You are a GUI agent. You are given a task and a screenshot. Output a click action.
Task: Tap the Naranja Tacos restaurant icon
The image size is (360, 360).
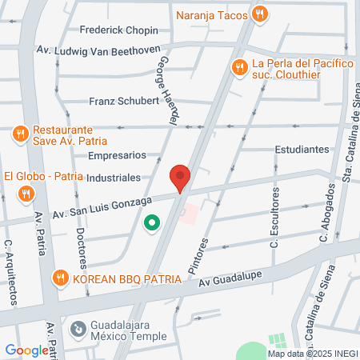coord(259,14)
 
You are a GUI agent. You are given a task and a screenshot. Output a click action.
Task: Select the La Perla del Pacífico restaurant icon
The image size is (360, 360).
coord(238,69)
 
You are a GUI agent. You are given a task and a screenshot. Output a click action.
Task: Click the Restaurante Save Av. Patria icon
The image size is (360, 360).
coord(20,132)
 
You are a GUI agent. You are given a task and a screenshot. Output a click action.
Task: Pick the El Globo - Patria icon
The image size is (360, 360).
coord(26,193)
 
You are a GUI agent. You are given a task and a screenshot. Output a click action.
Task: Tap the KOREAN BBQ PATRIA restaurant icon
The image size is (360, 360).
coord(59,278)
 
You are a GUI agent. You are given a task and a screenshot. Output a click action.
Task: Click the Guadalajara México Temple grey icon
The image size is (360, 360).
coord(78,328)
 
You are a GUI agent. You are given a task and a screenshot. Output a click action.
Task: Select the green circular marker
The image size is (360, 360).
coord(150,223)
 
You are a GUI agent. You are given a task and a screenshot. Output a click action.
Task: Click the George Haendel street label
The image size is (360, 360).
coord(167,88)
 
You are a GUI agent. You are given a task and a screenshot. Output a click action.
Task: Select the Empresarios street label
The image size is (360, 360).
coord(117,155)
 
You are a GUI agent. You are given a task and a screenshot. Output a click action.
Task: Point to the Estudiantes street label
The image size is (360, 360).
coord(302,150)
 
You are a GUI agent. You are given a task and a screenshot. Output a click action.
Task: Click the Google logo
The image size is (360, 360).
coord(26,350)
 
